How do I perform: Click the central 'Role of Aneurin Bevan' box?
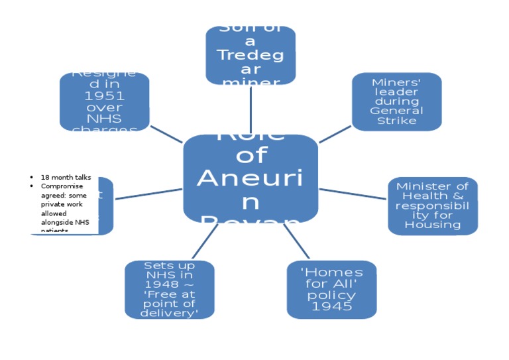point(251,178)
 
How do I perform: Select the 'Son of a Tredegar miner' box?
point(251,56)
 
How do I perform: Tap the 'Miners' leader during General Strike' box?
point(396,101)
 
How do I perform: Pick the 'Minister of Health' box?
point(433,206)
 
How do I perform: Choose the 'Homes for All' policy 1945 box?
point(331,289)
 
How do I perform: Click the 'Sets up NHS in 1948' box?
point(170,289)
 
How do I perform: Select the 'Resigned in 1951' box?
point(105,101)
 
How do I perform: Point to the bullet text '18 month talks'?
point(66,178)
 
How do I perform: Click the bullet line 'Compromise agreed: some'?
point(66,186)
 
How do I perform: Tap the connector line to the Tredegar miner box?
point(251,109)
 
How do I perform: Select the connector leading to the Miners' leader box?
point(335,133)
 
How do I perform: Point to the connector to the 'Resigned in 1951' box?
point(166,133)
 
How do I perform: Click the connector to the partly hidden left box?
point(148,194)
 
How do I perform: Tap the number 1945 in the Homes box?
point(331,306)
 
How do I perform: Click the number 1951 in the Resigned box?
point(105,95)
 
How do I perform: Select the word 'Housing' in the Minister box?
point(433,225)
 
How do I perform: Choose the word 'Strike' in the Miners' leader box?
point(396,121)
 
